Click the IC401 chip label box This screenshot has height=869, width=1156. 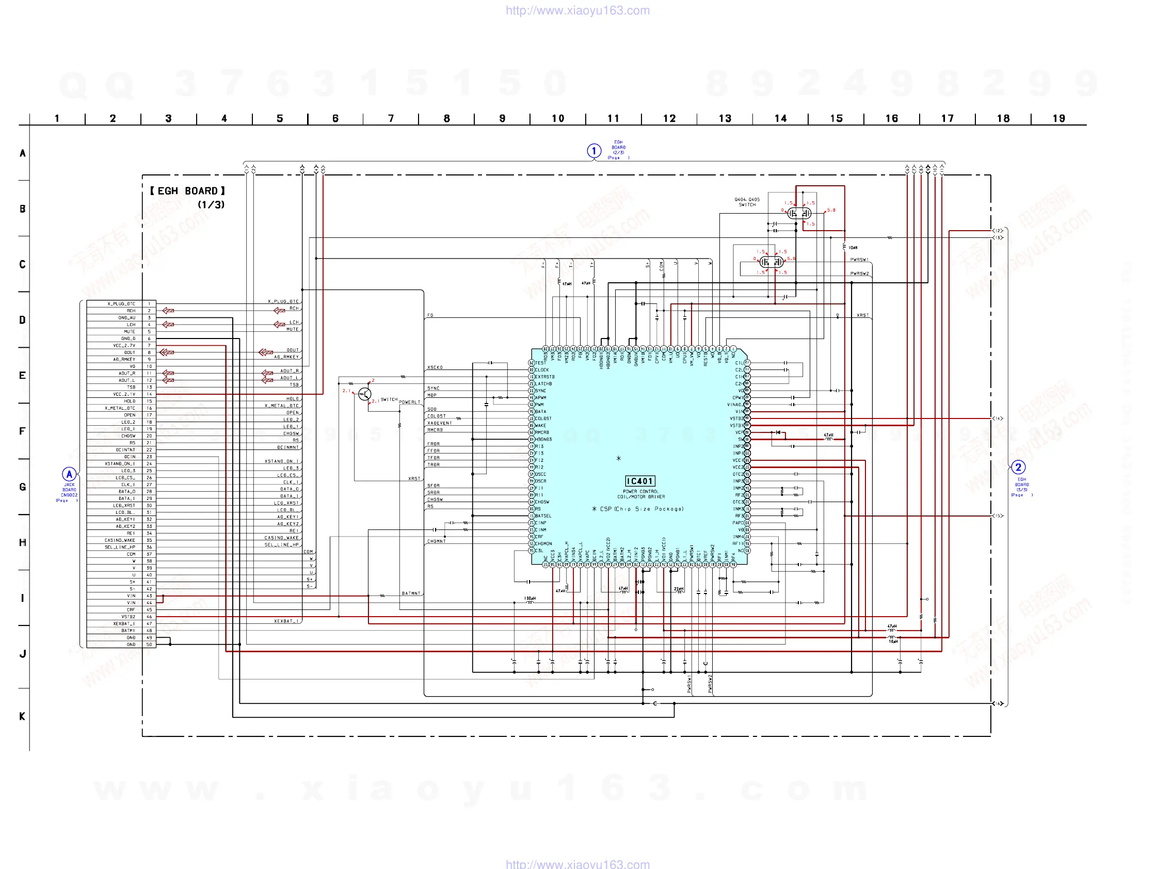[x=639, y=481]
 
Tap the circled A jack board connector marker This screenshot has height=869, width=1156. [x=69, y=474]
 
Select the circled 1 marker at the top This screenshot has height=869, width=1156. [x=593, y=151]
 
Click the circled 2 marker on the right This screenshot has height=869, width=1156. [x=1018, y=467]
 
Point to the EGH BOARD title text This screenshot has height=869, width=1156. [x=187, y=191]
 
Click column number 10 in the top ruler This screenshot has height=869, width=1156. [x=558, y=119]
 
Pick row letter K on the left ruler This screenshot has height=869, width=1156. [x=23, y=716]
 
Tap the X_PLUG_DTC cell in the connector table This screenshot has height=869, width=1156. [x=121, y=303]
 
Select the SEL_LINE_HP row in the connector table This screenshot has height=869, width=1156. [x=120, y=547]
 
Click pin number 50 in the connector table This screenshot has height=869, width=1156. [x=149, y=645]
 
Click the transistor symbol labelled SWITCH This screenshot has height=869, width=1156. [x=365, y=395]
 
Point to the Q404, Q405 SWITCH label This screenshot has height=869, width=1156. [x=747, y=202]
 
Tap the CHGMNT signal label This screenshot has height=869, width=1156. [x=437, y=541]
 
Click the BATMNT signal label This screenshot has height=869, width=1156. [x=411, y=593]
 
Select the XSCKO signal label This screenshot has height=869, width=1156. [x=435, y=367]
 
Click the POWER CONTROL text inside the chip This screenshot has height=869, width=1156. [x=640, y=491]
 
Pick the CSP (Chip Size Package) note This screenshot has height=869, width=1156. [x=638, y=509]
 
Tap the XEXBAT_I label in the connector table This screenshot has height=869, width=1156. [x=124, y=624]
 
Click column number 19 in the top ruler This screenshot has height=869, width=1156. [x=1058, y=119]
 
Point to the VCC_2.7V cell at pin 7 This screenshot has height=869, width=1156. [x=124, y=345]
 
